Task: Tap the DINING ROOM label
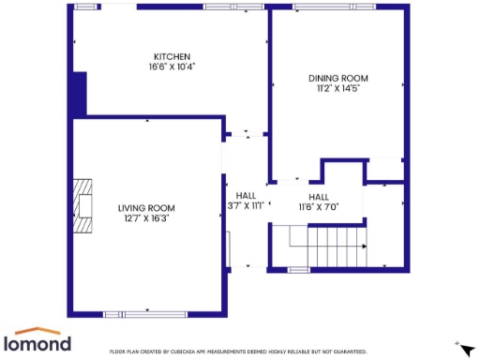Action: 338,78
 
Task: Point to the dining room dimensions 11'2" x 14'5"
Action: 338,89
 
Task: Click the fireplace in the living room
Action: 86,204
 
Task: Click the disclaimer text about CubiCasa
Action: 238,352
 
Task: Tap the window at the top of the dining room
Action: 325,7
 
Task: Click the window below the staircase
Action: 299,269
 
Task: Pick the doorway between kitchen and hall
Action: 246,132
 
